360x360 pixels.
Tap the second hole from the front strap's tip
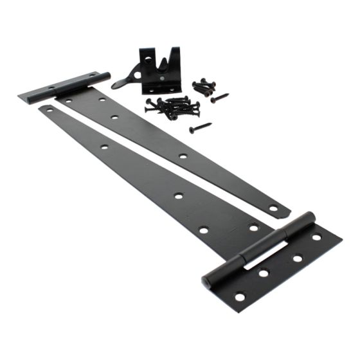click(105, 147)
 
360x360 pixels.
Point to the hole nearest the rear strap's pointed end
click(273, 208)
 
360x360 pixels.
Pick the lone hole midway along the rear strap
click(183, 156)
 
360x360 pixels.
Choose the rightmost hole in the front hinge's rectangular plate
click(317, 238)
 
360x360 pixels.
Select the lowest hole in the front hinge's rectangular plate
click(239, 297)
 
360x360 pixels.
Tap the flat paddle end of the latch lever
click(118, 85)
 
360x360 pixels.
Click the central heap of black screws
click(172, 107)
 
